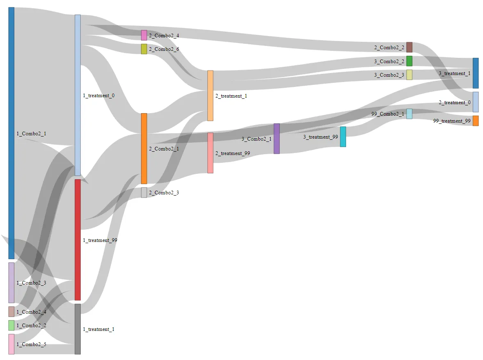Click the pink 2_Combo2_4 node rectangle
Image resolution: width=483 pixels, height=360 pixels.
[x=144, y=35]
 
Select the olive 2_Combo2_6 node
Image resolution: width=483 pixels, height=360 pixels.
[x=144, y=49]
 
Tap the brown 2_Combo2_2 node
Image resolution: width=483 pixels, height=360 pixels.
[x=409, y=47]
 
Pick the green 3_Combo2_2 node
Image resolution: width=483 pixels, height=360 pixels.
[x=409, y=61]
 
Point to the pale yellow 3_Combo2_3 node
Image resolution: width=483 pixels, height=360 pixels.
[x=409, y=75]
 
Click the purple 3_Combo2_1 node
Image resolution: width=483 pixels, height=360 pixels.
[x=277, y=139]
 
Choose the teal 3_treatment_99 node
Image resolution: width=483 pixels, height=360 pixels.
[x=343, y=137]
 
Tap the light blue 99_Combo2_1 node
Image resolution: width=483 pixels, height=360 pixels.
[x=409, y=114]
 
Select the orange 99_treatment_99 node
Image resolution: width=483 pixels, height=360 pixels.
[x=476, y=121]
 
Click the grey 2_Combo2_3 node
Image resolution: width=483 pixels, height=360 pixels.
[x=144, y=193]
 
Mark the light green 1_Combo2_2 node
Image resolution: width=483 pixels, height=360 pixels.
[x=11, y=325]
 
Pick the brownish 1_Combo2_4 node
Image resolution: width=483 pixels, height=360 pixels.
[x=11, y=312]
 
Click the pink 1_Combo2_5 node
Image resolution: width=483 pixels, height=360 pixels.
[x=11, y=344]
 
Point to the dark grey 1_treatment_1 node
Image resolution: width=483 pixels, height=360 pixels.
[x=77, y=329]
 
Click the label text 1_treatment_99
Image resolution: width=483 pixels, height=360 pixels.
[x=100, y=240]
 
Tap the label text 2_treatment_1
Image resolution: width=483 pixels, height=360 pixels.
[x=231, y=96]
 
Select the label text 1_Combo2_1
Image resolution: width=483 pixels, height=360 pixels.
[x=32, y=134]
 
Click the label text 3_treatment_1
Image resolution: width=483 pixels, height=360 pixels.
[x=455, y=73]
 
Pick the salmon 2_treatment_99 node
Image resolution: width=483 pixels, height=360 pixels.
[x=210, y=153]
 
